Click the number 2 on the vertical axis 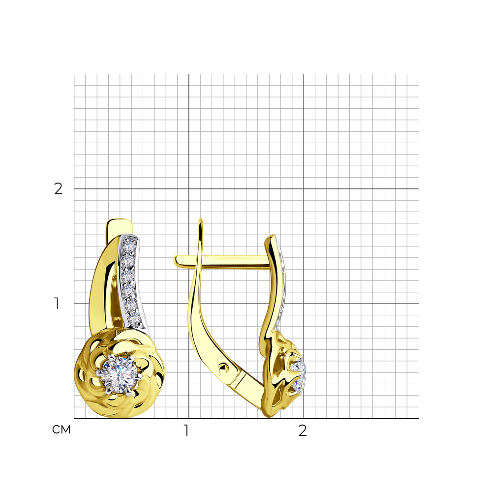point(59,189)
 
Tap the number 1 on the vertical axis point(57,304)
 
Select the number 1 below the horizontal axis point(186,430)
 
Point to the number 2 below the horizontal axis point(303,430)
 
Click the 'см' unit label point(61,430)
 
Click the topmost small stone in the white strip point(128,244)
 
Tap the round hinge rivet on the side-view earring point(224,367)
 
